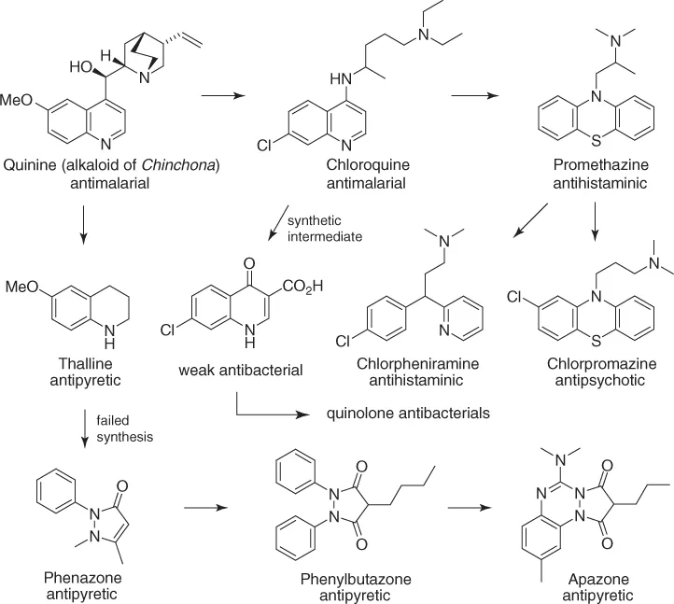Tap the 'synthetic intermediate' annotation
326,229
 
